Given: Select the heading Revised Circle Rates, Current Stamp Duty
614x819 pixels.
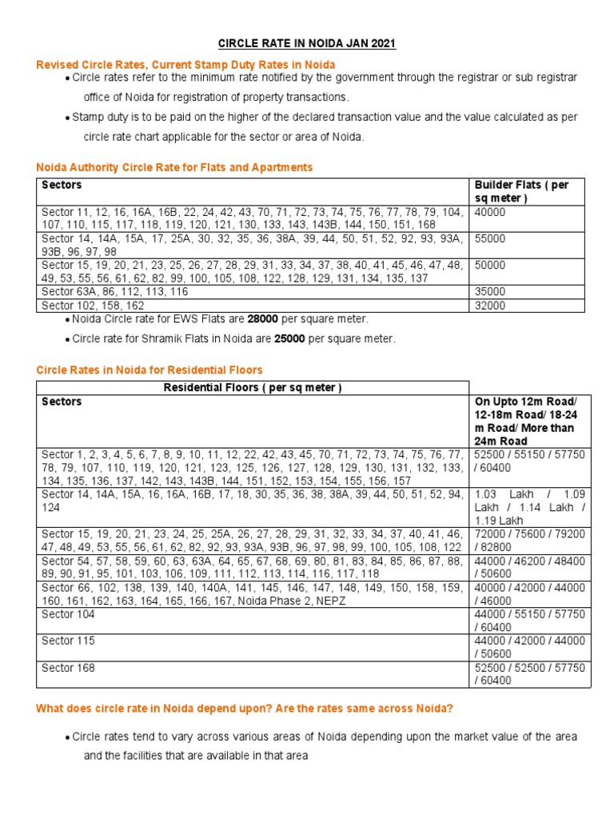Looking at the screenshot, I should tap(185, 64).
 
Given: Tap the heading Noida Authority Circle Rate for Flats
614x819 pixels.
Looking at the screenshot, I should tap(174, 167).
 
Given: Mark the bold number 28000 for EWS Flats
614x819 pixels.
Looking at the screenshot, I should tap(262, 318).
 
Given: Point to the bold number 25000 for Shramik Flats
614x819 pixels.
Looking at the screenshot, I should tap(290, 338).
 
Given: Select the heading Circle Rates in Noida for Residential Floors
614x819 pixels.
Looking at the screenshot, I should tap(150, 370).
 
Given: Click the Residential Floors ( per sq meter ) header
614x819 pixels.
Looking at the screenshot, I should tap(253, 388).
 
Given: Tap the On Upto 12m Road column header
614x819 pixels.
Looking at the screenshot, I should tap(529, 421).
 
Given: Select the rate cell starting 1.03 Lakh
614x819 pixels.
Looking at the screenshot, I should tap(529, 507).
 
